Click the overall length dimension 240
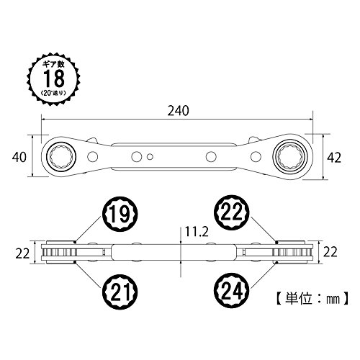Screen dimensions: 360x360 (x=178, y=111)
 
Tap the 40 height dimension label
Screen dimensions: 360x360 (x=19, y=157)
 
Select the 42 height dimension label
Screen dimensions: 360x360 (x=334, y=158)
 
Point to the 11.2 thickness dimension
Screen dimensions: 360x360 (x=197, y=232)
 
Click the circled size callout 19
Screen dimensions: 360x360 (x=120, y=214)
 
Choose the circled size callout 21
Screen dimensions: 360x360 (x=120, y=292)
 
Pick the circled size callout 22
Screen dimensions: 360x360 (x=232, y=212)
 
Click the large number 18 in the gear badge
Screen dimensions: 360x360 (x=54, y=78)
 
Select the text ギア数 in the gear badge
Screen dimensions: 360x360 (x=53, y=64)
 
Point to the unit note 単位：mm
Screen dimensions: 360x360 (x=312, y=299)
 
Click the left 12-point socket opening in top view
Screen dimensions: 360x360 (x=61, y=157)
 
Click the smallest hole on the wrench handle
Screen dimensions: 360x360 (x=150, y=156)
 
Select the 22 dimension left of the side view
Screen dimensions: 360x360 (x=22, y=253)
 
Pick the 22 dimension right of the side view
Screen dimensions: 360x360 (x=330, y=252)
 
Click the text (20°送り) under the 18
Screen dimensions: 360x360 (x=53, y=93)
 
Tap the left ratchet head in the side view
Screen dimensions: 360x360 (x=60, y=252)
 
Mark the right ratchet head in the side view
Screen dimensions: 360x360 (x=293, y=252)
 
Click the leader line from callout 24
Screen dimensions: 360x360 (x=264, y=275)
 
